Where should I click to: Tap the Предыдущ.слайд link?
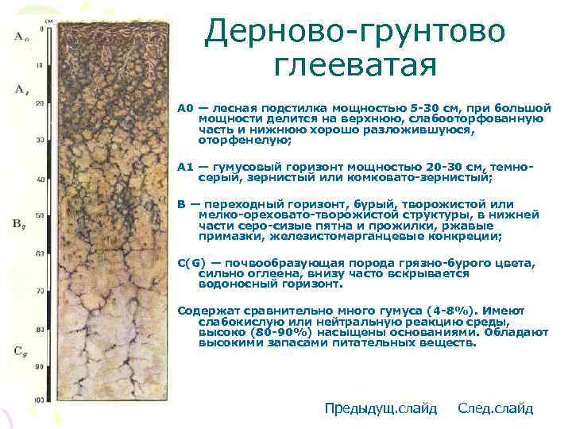[381, 408]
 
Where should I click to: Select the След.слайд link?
[496, 408]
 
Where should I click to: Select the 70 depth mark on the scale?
[40, 292]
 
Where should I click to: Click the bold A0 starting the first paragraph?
[186, 107]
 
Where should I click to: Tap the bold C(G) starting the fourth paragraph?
[191, 263]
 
